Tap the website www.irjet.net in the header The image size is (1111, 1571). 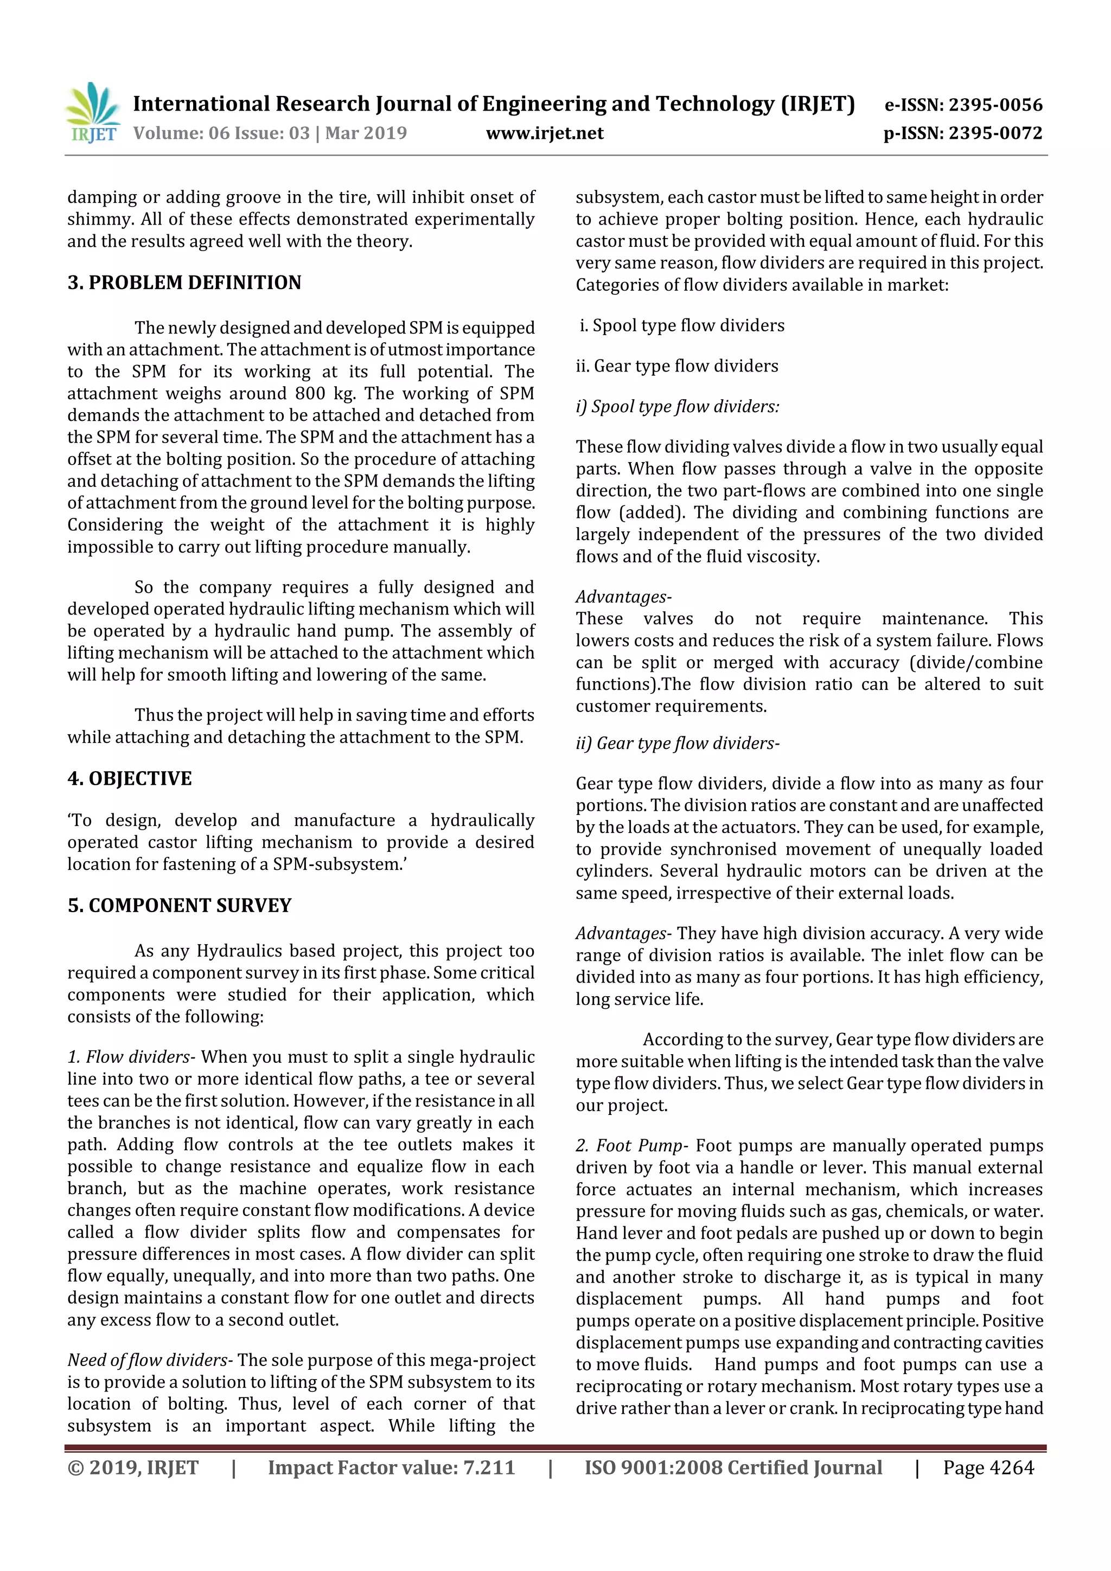point(544,133)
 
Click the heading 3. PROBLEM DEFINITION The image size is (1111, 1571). point(184,283)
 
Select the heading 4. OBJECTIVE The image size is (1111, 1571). point(129,779)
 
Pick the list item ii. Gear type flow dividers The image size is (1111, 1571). point(677,366)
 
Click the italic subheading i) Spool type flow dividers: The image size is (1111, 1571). point(678,406)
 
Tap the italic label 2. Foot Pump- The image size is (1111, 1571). point(632,1145)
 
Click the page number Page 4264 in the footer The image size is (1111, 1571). point(988,1467)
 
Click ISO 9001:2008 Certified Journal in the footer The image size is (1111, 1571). point(733,1467)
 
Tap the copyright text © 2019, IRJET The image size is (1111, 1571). point(133,1467)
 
